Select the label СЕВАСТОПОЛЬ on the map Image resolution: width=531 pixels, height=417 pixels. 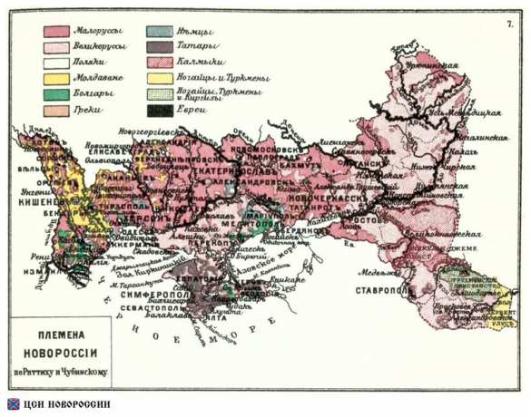pos(150,308)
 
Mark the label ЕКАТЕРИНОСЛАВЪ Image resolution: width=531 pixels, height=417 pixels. pos(200,169)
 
